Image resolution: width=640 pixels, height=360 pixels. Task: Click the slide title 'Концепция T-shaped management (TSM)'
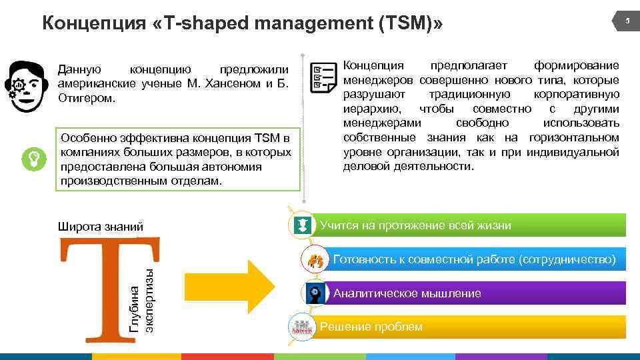(x=242, y=23)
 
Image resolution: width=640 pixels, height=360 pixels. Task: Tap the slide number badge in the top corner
(x=626, y=23)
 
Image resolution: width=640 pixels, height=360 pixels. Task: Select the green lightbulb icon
(x=33, y=158)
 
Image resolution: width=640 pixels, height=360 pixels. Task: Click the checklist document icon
(x=323, y=78)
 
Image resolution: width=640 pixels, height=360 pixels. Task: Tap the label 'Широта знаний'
(x=101, y=227)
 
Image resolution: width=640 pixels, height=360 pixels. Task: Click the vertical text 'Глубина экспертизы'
(x=142, y=300)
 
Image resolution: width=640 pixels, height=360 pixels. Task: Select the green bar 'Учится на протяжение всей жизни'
(x=467, y=225)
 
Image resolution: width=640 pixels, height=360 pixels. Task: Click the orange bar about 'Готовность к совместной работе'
(x=473, y=259)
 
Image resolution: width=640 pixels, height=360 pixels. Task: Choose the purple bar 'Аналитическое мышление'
(x=473, y=293)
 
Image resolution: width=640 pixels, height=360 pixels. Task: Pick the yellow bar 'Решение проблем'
(x=467, y=327)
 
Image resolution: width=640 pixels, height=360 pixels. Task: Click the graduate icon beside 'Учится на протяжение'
(x=302, y=225)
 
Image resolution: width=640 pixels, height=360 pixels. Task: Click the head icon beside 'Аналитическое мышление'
(x=315, y=293)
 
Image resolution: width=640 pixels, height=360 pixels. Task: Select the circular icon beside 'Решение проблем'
(x=302, y=327)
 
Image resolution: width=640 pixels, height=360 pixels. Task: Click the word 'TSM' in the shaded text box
(x=268, y=139)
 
